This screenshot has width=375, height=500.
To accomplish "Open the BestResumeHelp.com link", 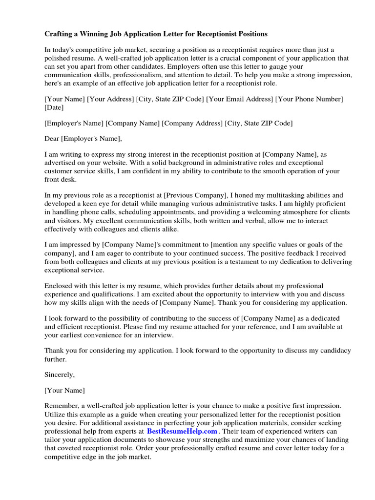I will click(x=182, y=432).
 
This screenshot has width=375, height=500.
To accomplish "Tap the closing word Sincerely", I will click(x=60, y=375).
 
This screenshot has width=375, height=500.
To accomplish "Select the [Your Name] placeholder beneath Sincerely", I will click(x=64, y=390).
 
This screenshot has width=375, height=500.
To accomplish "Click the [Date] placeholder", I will click(x=55, y=107).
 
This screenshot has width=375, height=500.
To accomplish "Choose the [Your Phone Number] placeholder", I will click(x=310, y=99).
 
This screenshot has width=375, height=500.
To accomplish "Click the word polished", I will click(x=58, y=58).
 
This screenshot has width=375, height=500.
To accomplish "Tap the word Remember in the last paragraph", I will click(x=62, y=406).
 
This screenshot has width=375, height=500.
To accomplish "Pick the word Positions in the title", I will click(x=250, y=34).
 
